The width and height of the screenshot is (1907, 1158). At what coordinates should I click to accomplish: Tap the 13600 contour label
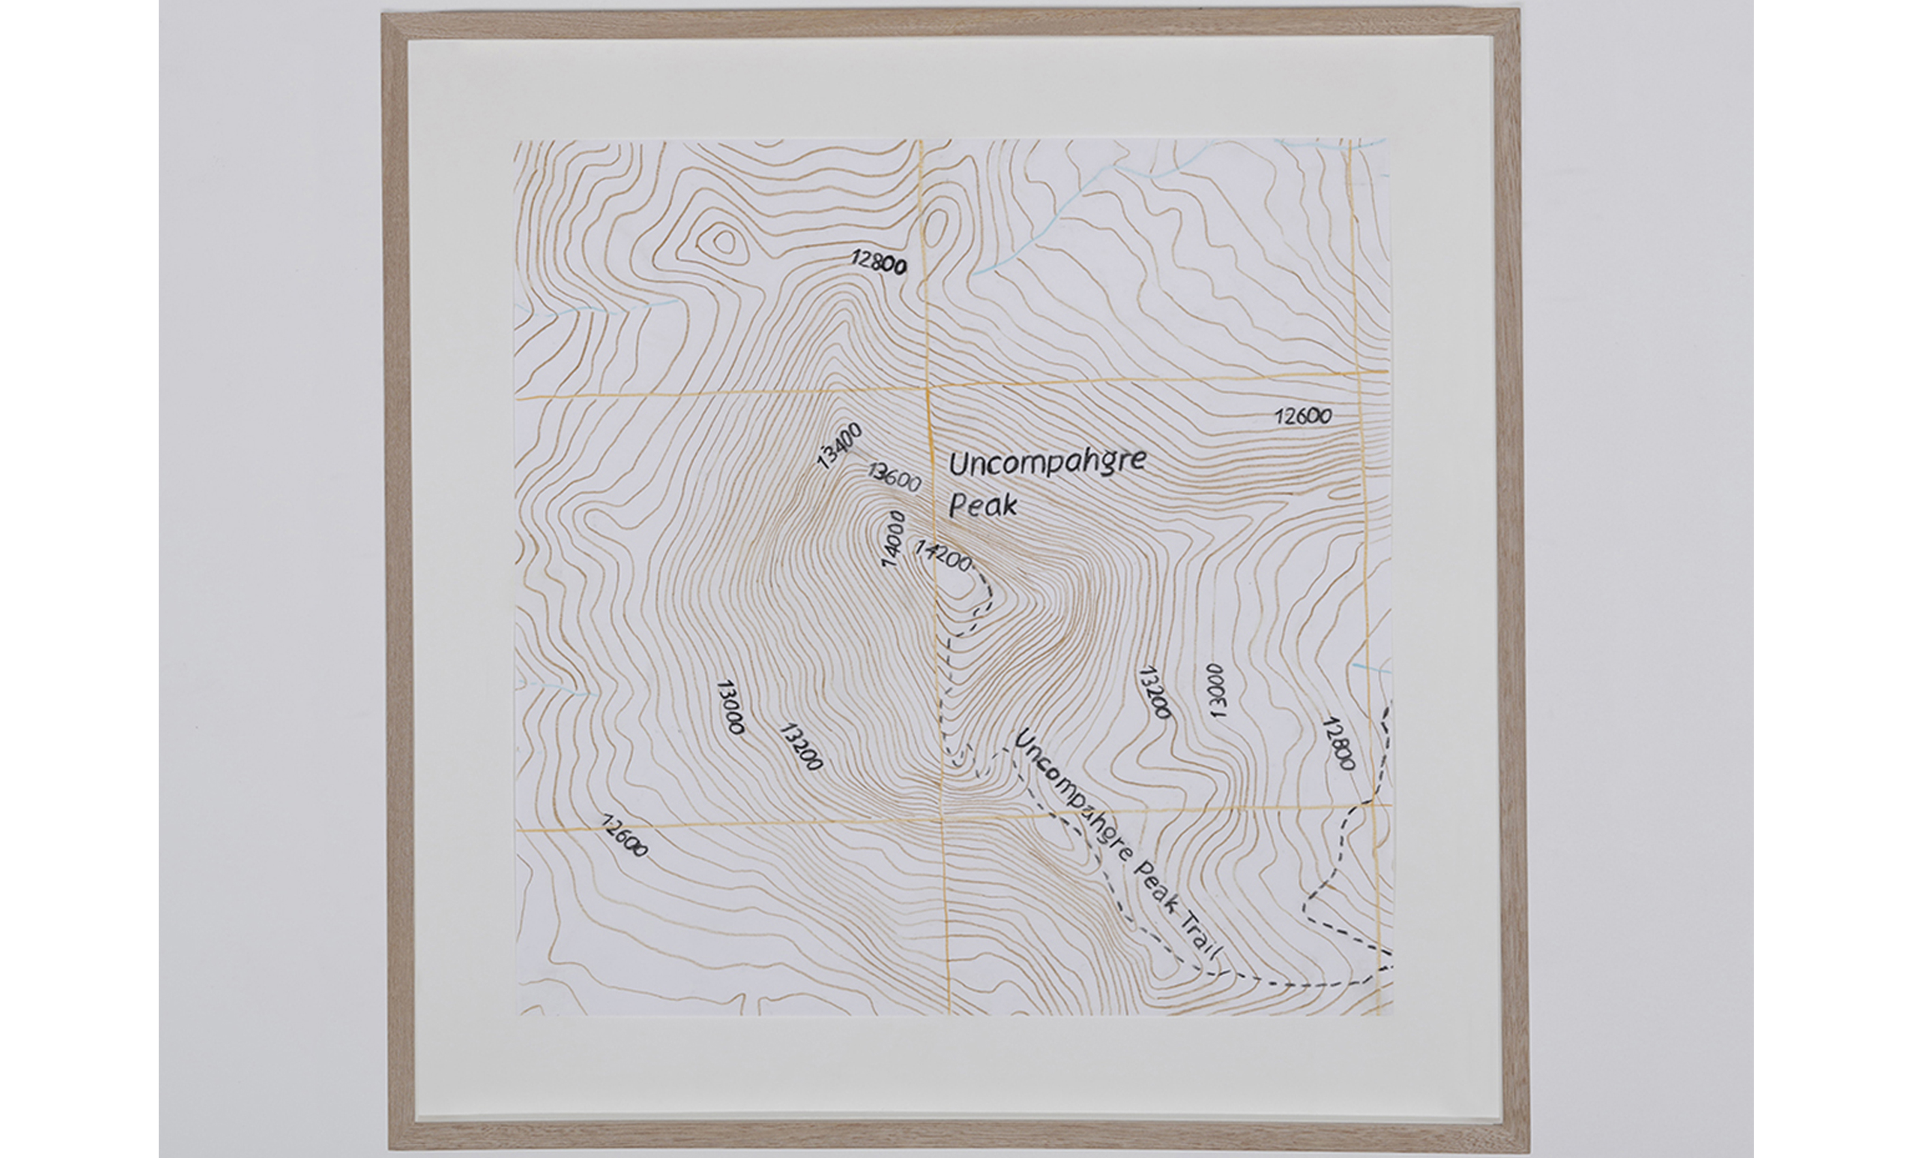coord(894,477)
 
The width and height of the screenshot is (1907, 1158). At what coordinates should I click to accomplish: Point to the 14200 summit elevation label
coord(943,556)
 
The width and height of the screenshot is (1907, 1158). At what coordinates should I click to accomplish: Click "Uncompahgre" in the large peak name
coord(1046,463)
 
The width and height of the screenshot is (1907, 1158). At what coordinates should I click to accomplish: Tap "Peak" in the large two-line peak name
coord(982,505)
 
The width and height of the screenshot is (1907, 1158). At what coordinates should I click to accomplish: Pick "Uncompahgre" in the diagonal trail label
coord(1067,788)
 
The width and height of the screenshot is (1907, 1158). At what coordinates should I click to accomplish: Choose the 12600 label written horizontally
coord(1304,416)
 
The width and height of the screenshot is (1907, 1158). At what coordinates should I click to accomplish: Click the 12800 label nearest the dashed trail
coord(1339,743)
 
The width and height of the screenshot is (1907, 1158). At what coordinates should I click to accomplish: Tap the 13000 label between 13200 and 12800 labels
coord(1216,691)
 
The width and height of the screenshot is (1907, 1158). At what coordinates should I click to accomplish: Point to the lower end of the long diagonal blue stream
coord(975,274)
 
